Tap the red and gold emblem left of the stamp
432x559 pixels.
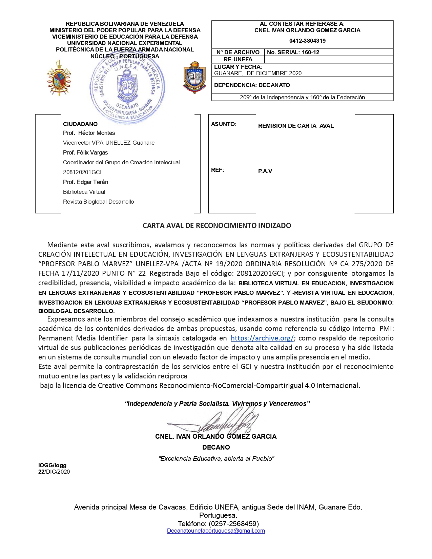[59, 78]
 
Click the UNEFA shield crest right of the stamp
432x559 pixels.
[195, 78]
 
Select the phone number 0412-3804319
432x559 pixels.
[307, 41]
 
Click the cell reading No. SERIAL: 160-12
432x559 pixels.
[293, 52]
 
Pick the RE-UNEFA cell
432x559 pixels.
[238, 59]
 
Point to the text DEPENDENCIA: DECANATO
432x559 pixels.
[252, 85]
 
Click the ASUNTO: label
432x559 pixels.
[224, 124]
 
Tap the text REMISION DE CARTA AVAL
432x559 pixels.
[296, 126]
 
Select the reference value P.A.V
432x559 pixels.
[265, 171]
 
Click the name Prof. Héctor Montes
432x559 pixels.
[89, 133]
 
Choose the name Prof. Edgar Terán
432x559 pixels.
[85, 182]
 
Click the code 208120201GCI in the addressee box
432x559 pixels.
[82, 172]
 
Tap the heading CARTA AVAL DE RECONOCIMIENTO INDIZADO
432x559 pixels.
[217, 226]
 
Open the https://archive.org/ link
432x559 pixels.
[262, 338]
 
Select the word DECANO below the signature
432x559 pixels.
[216, 447]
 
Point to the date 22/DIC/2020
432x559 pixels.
[54, 472]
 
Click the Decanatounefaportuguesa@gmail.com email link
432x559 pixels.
[216, 531]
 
